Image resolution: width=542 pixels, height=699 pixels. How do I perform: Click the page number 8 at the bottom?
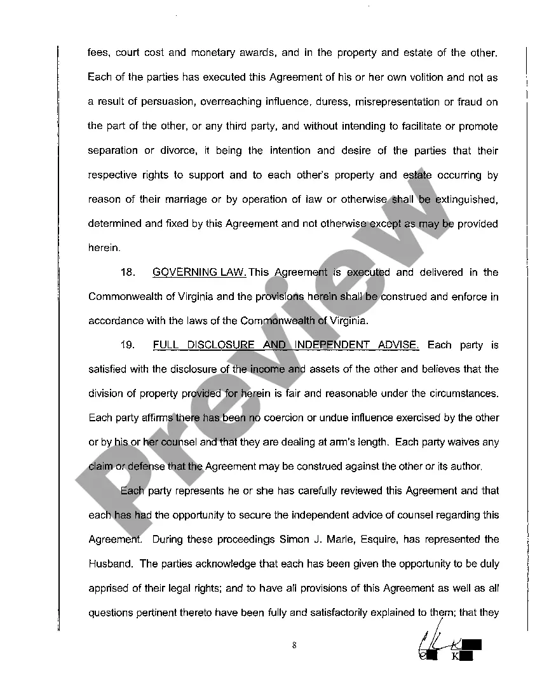pos(294,646)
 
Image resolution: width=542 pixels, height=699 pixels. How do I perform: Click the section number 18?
pos(128,273)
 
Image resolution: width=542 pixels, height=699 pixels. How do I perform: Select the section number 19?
pos(128,345)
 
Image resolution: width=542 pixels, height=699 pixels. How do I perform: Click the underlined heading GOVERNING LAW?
pos(200,273)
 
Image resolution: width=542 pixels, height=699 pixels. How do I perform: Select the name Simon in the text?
pos(293,540)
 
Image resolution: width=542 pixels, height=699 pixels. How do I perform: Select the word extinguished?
pos(466,200)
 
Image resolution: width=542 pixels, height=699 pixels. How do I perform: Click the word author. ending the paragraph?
pos(466,466)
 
